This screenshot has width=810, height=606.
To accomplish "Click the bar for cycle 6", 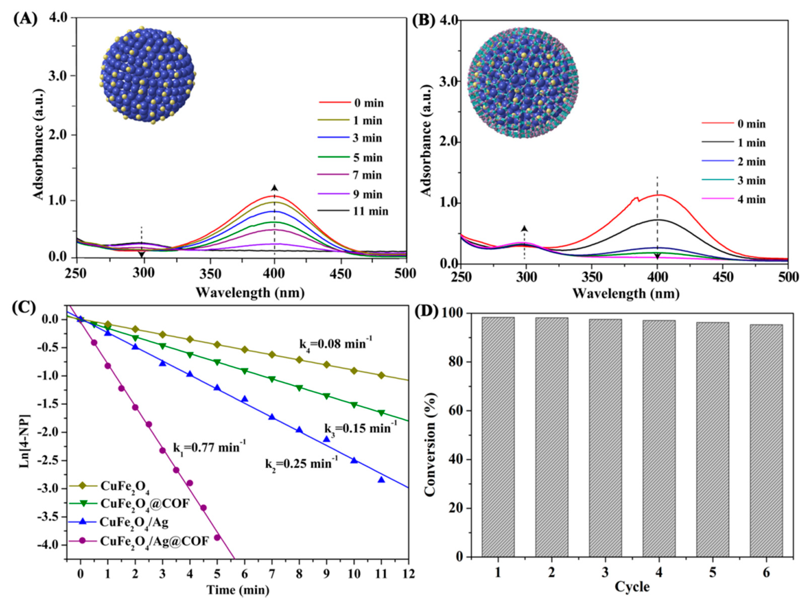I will tap(766, 440).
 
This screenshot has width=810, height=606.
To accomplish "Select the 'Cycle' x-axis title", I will tap(632, 587).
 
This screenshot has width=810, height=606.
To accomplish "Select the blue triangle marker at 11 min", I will tap(381, 479).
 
